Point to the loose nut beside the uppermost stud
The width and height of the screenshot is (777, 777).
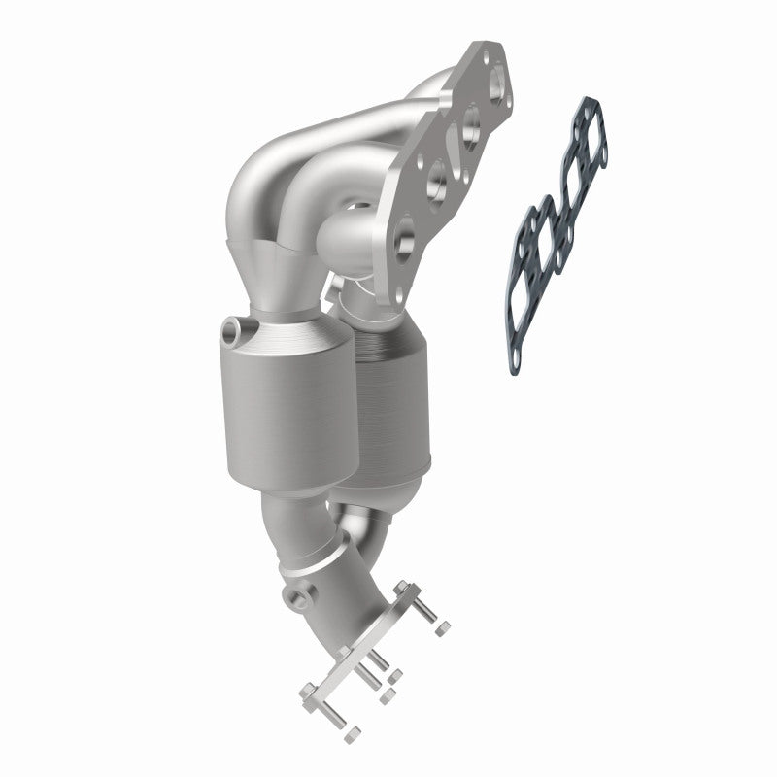pos(442,629)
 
